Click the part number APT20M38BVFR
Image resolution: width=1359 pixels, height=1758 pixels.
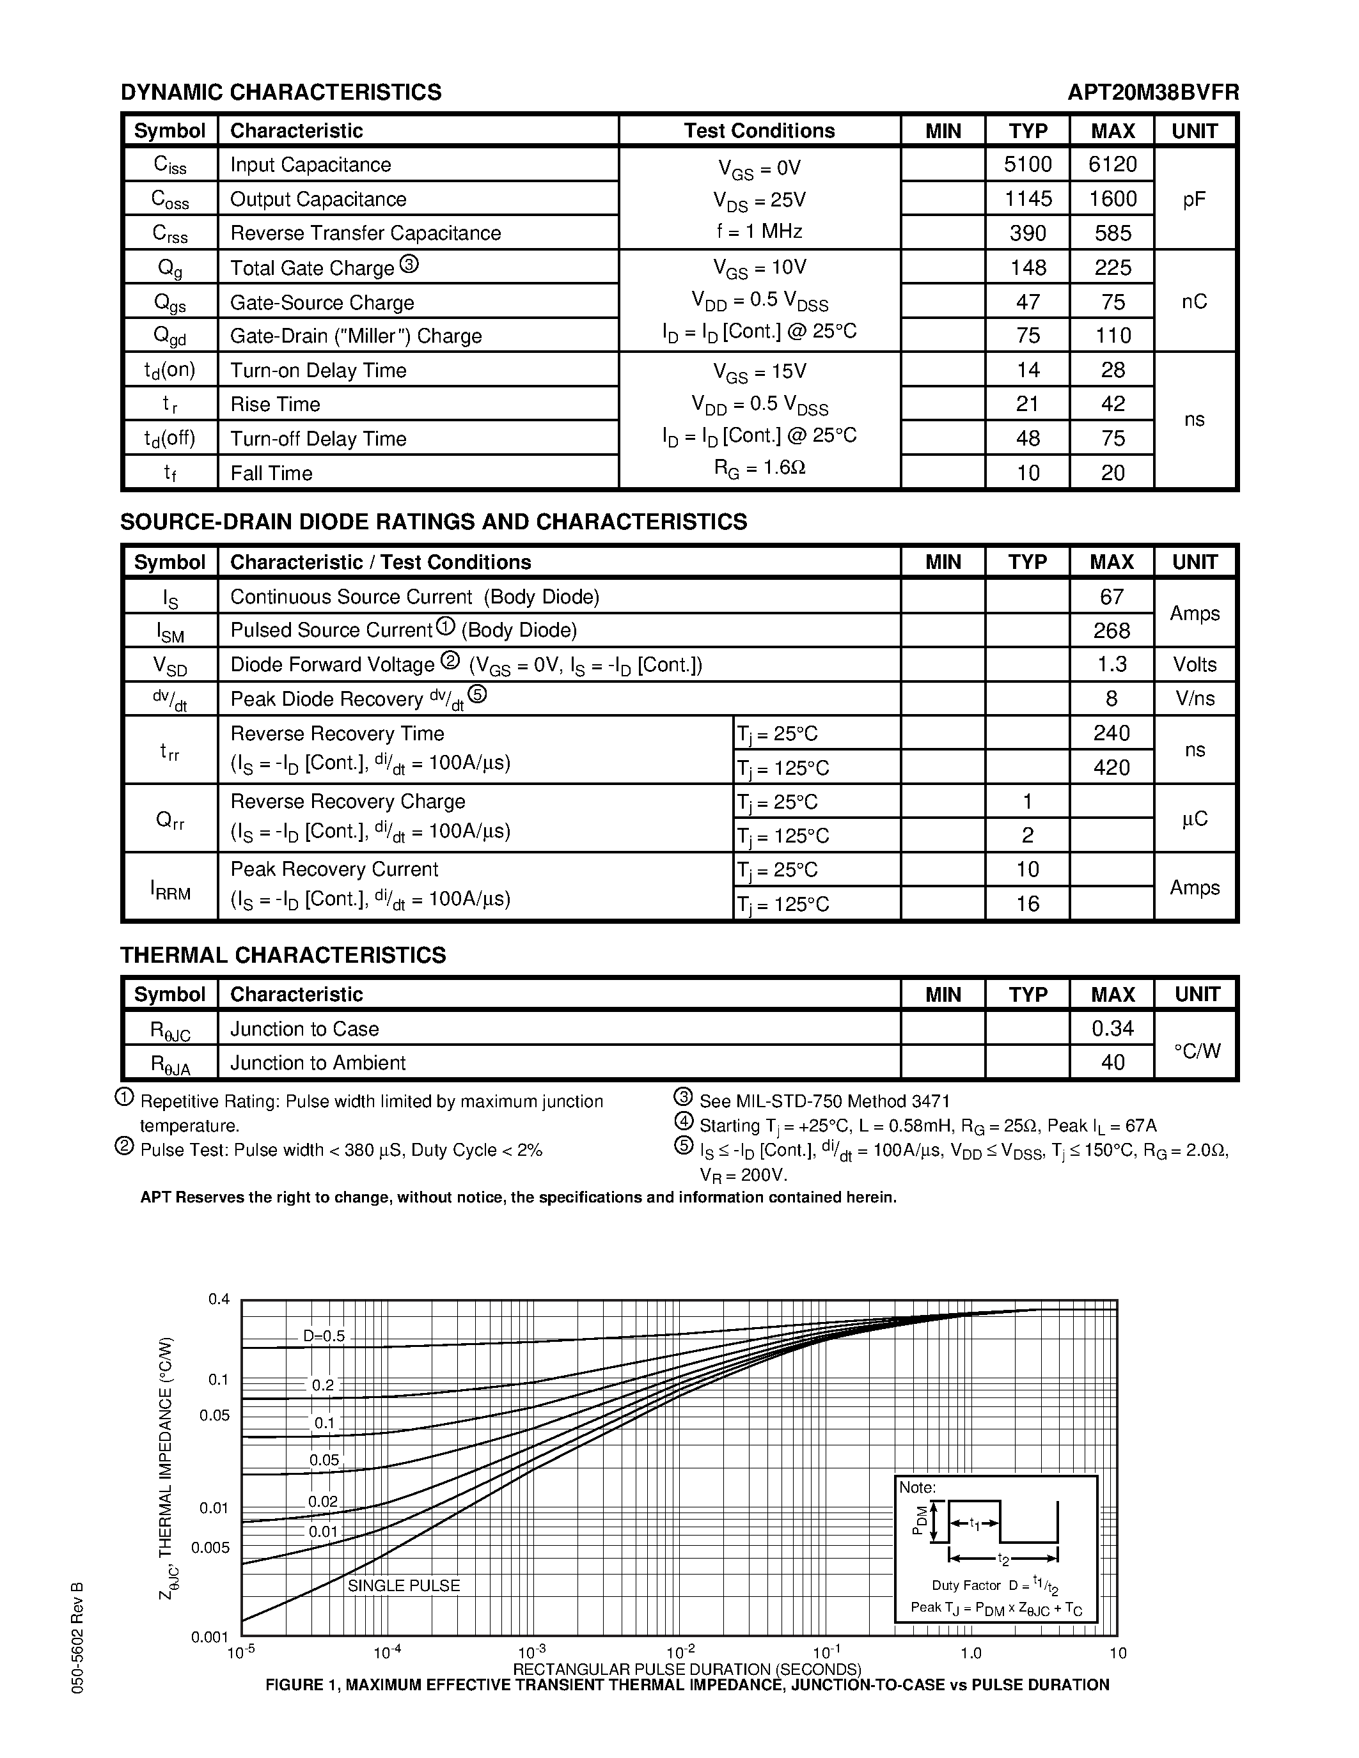click(1153, 93)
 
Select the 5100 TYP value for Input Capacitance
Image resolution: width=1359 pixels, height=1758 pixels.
click(1027, 164)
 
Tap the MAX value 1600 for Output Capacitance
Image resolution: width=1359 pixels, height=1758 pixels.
click(1112, 199)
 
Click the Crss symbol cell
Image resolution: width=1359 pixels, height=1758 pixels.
click(170, 233)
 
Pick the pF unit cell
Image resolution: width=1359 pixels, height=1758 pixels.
click(1194, 199)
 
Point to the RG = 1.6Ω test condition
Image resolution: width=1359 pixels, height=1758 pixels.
click(759, 468)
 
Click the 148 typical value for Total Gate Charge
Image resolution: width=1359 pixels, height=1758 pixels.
click(1027, 267)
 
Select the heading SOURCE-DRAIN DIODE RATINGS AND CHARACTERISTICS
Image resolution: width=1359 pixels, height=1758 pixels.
click(433, 522)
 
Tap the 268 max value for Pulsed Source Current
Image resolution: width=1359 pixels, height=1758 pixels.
click(1111, 631)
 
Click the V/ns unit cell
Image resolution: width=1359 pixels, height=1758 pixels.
click(1194, 699)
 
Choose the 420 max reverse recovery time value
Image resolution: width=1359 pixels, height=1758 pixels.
click(1111, 768)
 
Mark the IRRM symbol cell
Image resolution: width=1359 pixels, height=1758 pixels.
click(170, 888)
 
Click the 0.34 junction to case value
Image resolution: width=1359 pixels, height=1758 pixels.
click(1112, 1029)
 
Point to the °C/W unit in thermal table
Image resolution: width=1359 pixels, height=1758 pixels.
click(1197, 1050)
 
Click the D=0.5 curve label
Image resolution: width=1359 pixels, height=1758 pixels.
click(324, 1336)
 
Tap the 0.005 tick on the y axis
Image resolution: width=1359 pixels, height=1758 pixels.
click(210, 1547)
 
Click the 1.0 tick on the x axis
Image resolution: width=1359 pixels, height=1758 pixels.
click(971, 1653)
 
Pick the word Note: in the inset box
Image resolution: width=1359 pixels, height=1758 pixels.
click(917, 1488)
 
